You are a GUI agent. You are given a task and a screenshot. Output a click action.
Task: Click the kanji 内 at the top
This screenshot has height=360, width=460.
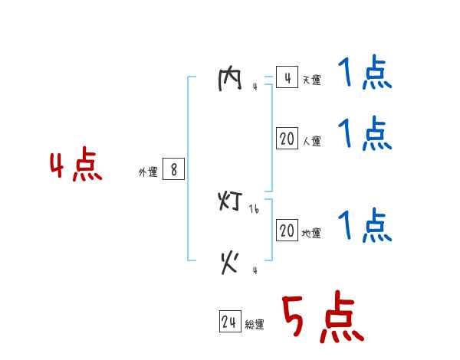(x=230, y=80)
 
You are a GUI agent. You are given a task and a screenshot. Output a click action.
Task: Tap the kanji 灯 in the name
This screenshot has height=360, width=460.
(x=230, y=202)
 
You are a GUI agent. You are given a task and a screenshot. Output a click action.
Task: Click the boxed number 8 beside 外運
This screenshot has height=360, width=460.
(x=174, y=170)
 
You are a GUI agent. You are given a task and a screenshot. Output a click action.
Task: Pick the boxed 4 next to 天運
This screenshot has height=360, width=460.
(x=287, y=78)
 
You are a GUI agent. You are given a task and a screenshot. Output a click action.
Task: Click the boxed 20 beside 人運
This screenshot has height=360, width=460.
(x=287, y=139)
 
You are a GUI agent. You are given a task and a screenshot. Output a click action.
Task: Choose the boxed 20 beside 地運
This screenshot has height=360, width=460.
(x=287, y=231)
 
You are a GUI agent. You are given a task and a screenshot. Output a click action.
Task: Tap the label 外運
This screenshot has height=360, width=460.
(x=148, y=172)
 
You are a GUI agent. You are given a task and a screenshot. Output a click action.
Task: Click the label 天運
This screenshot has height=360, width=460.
(x=311, y=80)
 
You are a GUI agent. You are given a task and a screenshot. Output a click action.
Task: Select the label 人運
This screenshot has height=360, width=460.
(x=311, y=142)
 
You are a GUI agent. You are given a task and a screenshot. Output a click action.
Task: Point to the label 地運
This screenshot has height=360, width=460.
(x=311, y=234)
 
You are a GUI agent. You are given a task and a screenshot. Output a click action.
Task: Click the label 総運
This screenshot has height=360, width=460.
(x=255, y=325)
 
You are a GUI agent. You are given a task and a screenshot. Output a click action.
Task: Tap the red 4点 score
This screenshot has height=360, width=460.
(x=76, y=166)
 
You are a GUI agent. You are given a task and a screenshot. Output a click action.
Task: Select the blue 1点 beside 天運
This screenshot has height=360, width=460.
(x=364, y=74)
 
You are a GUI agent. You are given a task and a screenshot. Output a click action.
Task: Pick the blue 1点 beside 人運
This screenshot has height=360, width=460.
(x=364, y=135)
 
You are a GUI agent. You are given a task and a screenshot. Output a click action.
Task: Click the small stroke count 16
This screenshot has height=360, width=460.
(x=255, y=208)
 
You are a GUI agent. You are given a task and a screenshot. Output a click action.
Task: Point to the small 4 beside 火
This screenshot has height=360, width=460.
(x=255, y=270)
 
